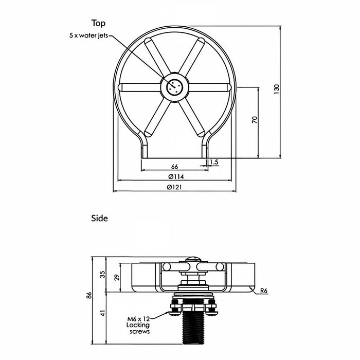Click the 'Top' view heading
point(98,24)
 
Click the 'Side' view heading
point(99,218)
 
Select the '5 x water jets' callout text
point(88,35)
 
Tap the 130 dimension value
point(277,89)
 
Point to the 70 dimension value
point(255,120)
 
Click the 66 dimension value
point(174,167)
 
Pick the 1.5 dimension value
point(214,162)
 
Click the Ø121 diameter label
point(174,187)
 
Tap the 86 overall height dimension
point(89,295)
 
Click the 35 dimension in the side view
point(103,274)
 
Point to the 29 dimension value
point(117,277)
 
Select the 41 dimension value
point(103,313)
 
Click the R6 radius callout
point(264,291)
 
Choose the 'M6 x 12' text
point(138,319)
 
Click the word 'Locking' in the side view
point(138,325)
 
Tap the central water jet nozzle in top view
point(174,87)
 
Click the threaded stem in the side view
point(193,327)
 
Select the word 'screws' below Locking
point(139,332)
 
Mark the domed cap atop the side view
point(193,259)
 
